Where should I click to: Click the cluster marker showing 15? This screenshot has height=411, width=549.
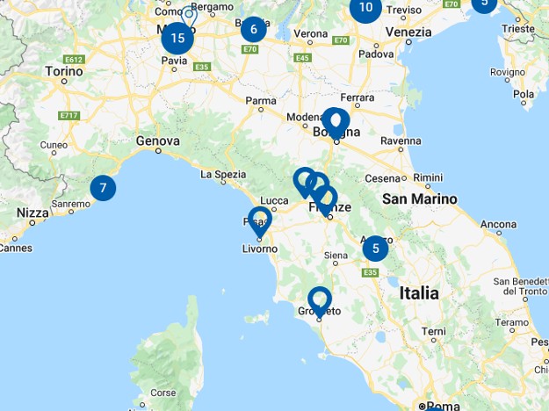[x=178, y=38]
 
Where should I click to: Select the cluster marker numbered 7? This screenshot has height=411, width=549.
[x=103, y=188]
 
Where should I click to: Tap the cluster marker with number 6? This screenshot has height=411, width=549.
[x=253, y=29]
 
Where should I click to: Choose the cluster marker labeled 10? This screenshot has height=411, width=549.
[x=365, y=9]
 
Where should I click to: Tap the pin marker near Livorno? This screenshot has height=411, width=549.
[x=260, y=221]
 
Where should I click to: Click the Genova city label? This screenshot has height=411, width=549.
[x=158, y=141]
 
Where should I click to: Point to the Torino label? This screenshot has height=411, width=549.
[x=63, y=70]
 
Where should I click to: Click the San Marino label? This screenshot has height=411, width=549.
[x=419, y=199]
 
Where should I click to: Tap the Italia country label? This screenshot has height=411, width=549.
[x=419, y=293]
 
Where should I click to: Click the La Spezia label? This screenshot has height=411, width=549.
[x=223, y=175]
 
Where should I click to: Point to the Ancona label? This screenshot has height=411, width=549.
[x=498, y=225]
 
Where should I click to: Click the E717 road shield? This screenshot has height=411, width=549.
[x=69, y=115]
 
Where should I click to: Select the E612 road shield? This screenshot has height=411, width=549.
[x=73, y=60]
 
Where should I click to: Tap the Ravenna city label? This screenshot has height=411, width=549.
[x=401, y=141]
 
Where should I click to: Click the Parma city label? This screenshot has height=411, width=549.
[x=260, y=101]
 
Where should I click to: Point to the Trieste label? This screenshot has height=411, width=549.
[x=518, y=29]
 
